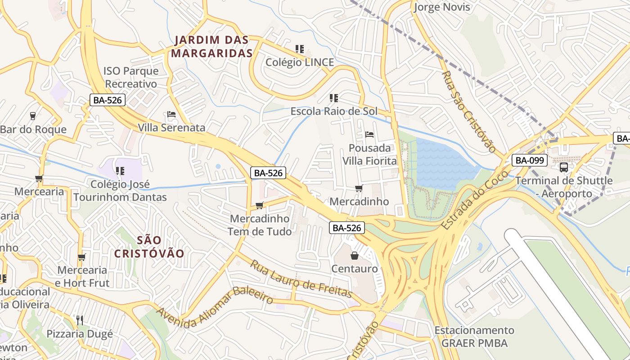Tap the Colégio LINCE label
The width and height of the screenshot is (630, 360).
coord(300,62)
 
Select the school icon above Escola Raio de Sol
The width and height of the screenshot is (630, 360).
coord(333,98)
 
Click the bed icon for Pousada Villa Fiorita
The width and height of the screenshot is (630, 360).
coord(369,134)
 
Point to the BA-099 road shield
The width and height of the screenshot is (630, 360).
coord(529,160)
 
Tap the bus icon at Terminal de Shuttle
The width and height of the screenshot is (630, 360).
coord(563,167)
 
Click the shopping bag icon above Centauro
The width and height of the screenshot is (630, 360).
coord(355,256)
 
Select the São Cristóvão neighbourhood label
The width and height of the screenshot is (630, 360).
coord(149,247)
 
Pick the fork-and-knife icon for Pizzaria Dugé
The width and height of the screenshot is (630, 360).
coord(80,320)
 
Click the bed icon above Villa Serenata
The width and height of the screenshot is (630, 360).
coord(171,114)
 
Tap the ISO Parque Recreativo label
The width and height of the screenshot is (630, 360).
coord(131,77)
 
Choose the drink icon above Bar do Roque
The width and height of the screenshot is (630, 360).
coord(33,116)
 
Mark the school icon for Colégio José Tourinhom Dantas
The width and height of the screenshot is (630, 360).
coord(120,171)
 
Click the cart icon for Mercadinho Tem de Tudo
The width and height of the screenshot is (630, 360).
coord(259,206)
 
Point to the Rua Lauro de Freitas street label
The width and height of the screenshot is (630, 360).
coord(301,279)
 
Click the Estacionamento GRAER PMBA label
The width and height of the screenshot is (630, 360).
coord(474,336)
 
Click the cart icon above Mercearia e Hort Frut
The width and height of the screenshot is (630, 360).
coord(81,257)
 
